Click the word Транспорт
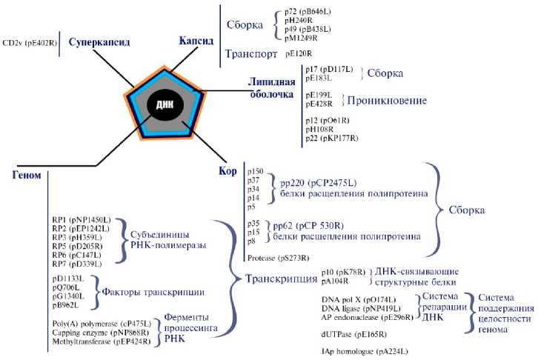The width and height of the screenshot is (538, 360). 250,54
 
